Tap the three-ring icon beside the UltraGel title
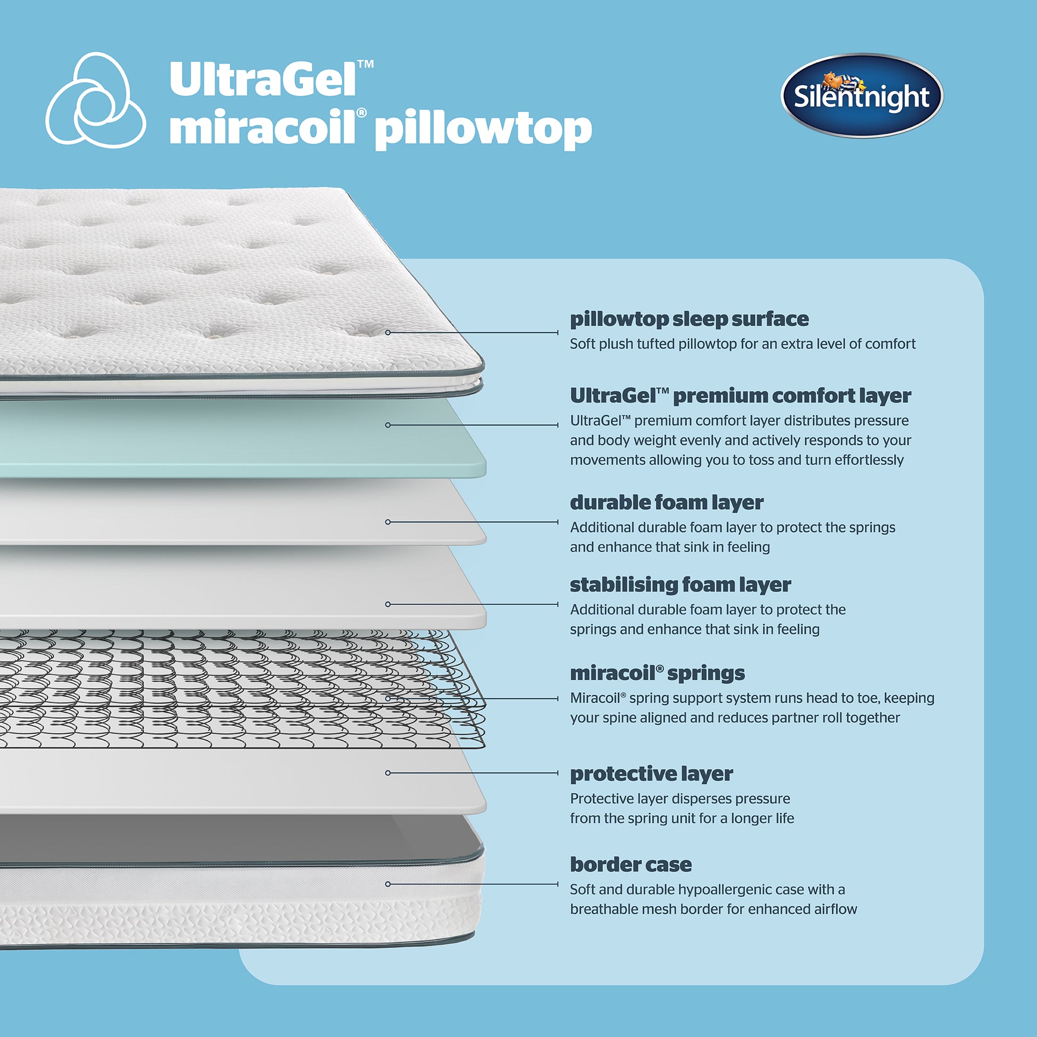coord(95,101)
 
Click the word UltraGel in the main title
coord(263,79)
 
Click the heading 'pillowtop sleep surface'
coord(689,319)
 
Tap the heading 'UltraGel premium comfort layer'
coord(740,395)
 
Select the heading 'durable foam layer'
coord(666,503)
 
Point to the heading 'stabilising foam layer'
coord(680,585)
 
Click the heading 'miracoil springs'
coord(657,673)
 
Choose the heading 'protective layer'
coord(651,773)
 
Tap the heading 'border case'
coord(631,864)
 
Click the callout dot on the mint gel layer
coord(388,425)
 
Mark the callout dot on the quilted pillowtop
coord(388,333)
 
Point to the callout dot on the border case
coord(388,884)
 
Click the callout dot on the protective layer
coord(388,773)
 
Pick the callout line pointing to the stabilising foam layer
coord(472,604)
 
